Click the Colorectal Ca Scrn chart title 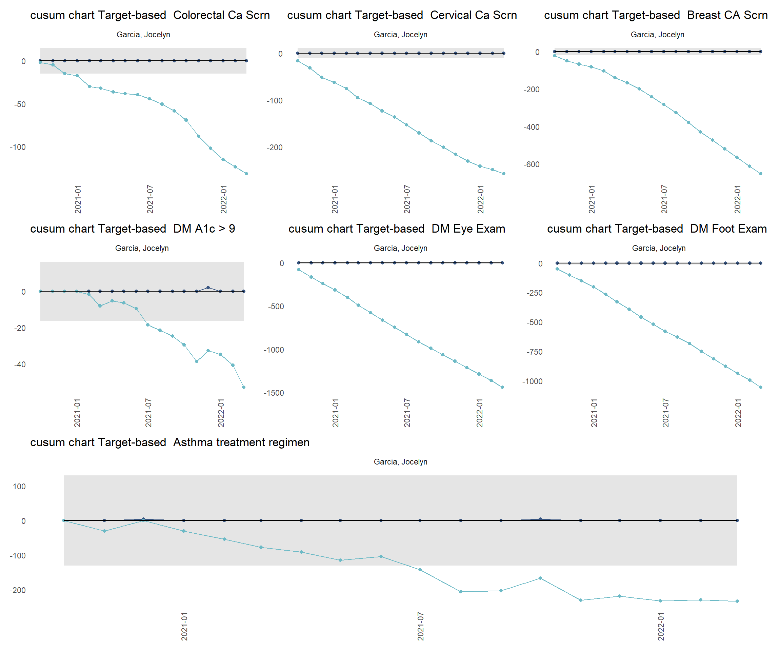pos(150,15)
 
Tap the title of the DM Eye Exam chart pos(397,229)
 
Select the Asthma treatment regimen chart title pos(169,442)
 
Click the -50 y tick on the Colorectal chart pos(20,104)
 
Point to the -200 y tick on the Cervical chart pos(275,148)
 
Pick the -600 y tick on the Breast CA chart pos(532,164)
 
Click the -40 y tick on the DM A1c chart pos(20,364)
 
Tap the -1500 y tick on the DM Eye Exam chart pos(274,393)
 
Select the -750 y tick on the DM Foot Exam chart pos(535,352)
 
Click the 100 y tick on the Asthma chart pos(19,487)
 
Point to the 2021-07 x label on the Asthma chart pos(421,627)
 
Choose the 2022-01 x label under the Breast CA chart pos(738,199)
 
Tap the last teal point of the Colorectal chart pos(246,174)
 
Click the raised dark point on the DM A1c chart pos(208,288)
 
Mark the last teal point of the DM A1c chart pos(244,387)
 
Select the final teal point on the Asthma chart pos(737,601)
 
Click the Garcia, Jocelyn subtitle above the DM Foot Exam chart pos(659,248)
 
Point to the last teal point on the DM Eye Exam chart pos(502,387)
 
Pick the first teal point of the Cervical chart pos(298,61)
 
